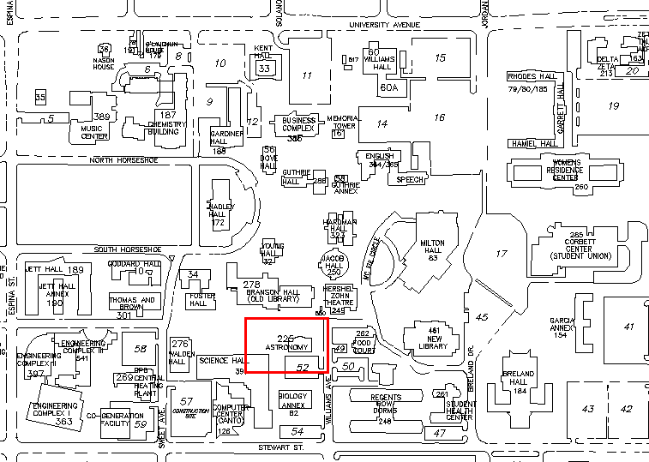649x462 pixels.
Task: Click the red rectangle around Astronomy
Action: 286,319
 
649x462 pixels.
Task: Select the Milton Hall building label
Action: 434,249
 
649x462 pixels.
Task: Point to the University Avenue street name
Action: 384,25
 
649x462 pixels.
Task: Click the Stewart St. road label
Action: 281,447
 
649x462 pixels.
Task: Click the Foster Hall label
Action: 198,300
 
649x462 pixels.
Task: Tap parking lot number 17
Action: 502,254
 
